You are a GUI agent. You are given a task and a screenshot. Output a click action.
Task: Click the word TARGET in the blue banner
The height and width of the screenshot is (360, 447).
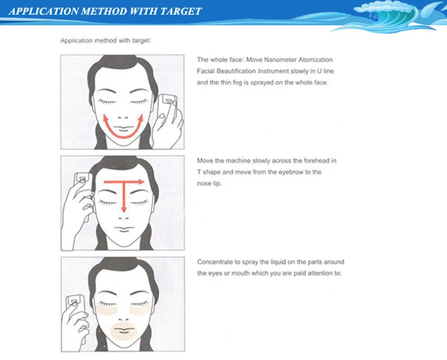(181, 11)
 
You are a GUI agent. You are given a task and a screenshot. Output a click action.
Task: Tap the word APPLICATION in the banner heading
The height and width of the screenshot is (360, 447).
(44, 11)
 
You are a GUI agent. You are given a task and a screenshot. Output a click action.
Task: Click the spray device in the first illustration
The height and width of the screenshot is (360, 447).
(167, 107)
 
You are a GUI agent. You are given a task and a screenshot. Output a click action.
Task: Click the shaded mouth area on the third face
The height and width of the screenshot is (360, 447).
(123, 331)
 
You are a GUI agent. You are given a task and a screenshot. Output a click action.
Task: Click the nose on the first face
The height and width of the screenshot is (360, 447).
(123, 117)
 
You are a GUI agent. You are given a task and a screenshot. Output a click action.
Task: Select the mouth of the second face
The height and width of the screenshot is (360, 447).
(124, 229)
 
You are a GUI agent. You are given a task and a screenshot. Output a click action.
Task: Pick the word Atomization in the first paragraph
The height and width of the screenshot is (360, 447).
(315, 60)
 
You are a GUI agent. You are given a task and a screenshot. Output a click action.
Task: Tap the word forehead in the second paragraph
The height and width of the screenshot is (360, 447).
(309, 161)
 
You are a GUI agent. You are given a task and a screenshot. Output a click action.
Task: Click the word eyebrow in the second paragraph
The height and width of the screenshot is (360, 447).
(290, 172)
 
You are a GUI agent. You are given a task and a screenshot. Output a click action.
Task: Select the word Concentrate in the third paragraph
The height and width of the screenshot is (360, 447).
(215, 262)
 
